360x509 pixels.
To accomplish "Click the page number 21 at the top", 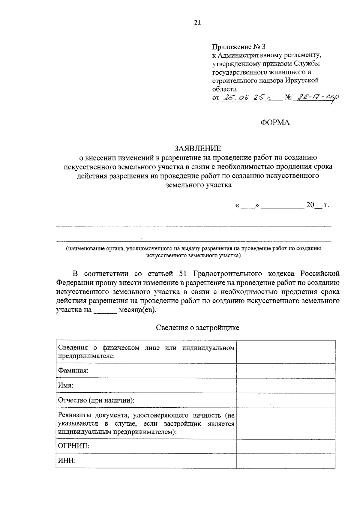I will point(197,23).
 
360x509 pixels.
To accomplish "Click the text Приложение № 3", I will point(239,47).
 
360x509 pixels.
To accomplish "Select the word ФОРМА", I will point(275,122).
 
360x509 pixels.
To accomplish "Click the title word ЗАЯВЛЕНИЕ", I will point(198,148).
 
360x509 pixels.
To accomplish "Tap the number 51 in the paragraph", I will point(183,274).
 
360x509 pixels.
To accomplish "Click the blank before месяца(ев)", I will point(105,310).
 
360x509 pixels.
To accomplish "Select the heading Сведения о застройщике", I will point(197,328).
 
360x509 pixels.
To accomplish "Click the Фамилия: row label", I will point(73,370).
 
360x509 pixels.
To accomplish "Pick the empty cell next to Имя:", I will point(286,385).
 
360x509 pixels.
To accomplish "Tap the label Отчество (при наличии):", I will point(96,400).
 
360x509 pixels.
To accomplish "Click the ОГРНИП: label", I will point(73,446).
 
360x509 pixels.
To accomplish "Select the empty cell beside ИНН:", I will point(286,461).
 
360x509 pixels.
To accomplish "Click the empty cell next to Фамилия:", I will point(286,370).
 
